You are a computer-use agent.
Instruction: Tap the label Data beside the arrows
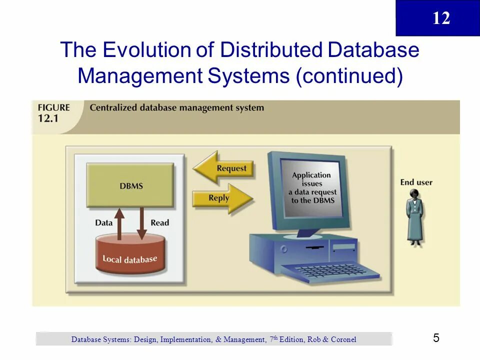pyautogui.click(x=104, y=222)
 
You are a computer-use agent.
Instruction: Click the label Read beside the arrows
pyautogui.click(x=160, y=222)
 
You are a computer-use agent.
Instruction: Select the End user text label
pyautogui.click(x=416, y=182)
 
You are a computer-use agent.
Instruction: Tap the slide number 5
pyautogui.click(x=436, y=338)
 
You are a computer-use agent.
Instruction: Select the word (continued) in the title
pyautogui.click(x=349, y=76)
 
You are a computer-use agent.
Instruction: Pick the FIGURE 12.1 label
pyautogui.click(x=53, y=112)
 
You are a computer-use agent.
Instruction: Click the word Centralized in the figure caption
pyautogui.click(x=113, y=107)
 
